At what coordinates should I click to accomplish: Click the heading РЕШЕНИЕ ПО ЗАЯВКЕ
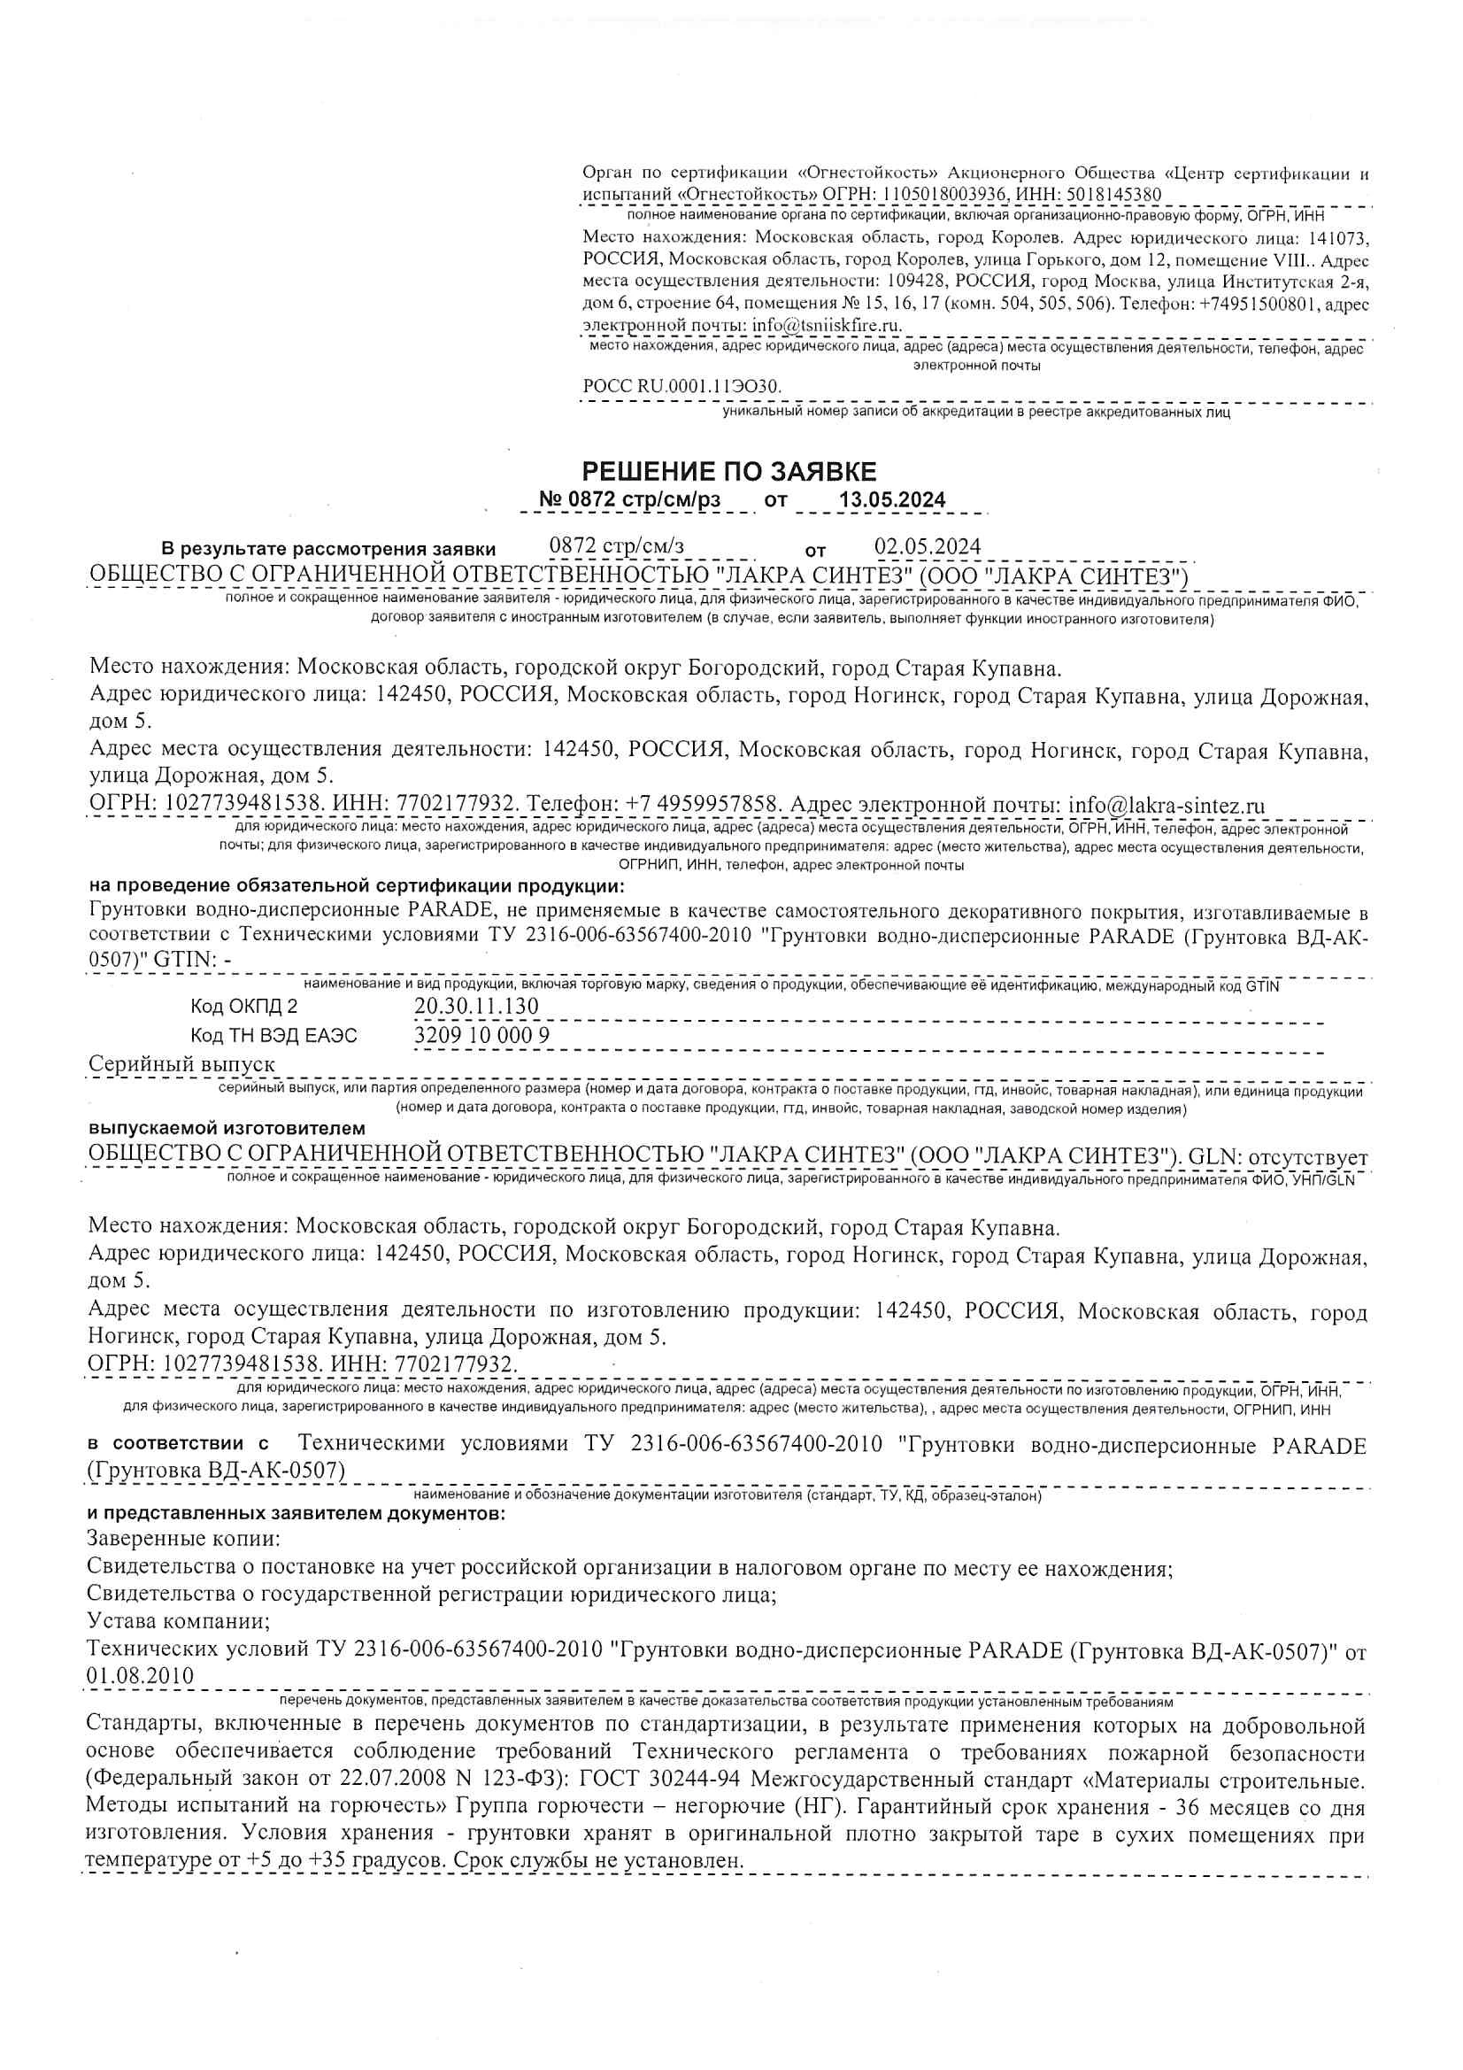pyautogui.click(x=728, y=472)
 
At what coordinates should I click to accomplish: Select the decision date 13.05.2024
pyautogui.click(x=891, y=500)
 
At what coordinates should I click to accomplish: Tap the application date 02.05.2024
pyautogui.click(x=928, y=547)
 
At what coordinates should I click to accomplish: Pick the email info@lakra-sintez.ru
pyautogui.click(x=1167, y=805)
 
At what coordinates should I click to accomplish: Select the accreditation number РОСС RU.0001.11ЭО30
pyautogui.click(x=682, y=387)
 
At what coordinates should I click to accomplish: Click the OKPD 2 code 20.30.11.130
pyautogui.click(x=476, y=1006)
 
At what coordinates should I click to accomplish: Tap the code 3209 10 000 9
pyautogui.click(x=481, y=1035)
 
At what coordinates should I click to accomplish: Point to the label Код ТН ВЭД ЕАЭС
pyautogui.click(x=273, y=1036)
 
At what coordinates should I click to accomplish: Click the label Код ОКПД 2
pyautogui.click(x=243, y=1007)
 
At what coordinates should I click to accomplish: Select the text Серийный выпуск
pyautogui.click(x=182, y=1064)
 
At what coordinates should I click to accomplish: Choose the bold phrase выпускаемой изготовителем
pyautogui.click(x=227, y=1128)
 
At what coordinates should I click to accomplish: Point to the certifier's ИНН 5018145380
pyautogui.click(x=1114, y=195)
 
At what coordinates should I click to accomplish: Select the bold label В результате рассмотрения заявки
pyautogui.click(x=328, y=549)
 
